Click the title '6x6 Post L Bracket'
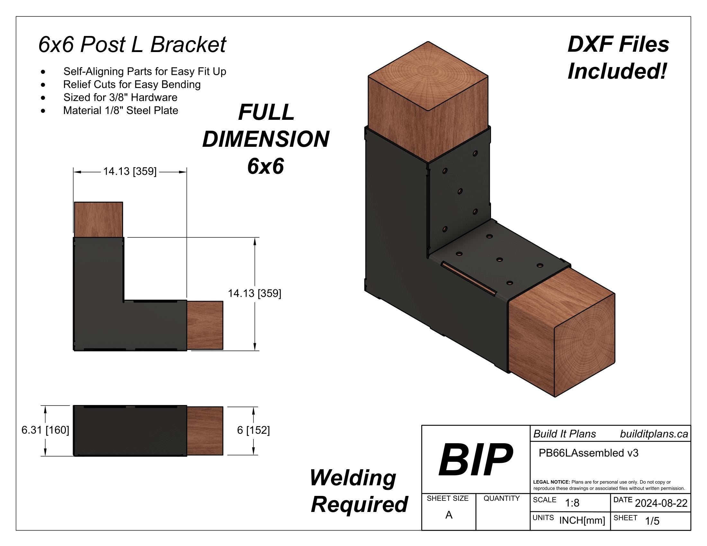(132, 45)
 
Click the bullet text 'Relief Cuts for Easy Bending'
(132, 84)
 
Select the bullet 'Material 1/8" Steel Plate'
(121, 110)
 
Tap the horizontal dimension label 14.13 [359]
(130, 172)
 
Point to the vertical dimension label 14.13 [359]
(255, 294)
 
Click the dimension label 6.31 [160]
(45, 430)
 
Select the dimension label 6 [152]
(253, 430)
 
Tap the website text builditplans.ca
(654, 434)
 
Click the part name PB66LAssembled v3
(588, 453)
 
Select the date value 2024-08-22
(661, 503)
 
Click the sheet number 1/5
(652, 521)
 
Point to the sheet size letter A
(449, 515)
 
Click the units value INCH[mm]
(582, 521)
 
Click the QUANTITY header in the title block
(501, 498)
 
